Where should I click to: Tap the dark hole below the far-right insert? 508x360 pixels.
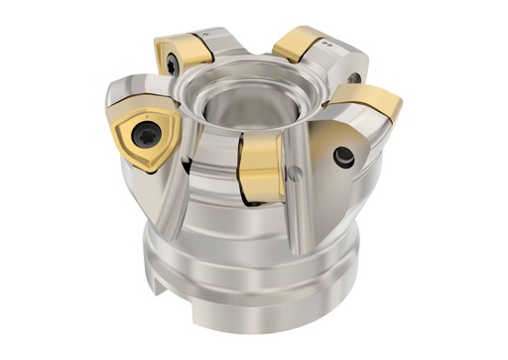point(342,155)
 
